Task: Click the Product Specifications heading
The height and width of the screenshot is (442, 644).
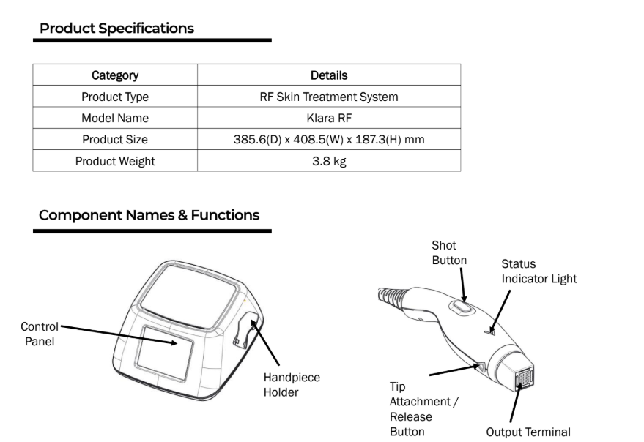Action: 116,29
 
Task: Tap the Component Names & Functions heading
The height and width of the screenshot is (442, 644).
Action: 149,215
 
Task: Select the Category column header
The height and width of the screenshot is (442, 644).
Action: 115,75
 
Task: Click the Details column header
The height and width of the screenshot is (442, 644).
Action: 329,75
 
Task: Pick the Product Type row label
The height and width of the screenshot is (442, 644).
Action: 115,97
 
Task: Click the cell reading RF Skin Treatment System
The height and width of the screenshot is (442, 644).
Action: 329,97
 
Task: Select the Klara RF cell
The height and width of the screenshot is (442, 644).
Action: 329,118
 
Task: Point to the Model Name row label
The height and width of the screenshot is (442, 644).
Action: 115,118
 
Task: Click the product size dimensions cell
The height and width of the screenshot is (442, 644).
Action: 329,140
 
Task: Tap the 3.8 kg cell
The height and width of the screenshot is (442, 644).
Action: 329,161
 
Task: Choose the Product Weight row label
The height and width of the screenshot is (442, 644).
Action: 115,161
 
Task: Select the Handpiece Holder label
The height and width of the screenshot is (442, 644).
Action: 292,384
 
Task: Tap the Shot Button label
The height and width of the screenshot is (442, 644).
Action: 449,253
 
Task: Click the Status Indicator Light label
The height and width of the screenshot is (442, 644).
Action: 538,271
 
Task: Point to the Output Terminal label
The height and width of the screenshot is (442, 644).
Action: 528,432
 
